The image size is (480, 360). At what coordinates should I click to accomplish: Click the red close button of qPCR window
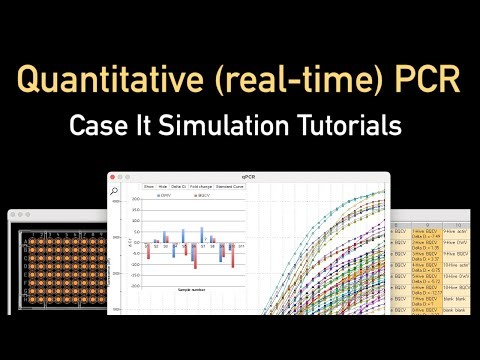116,176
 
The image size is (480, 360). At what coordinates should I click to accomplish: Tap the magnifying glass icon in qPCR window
117,190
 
